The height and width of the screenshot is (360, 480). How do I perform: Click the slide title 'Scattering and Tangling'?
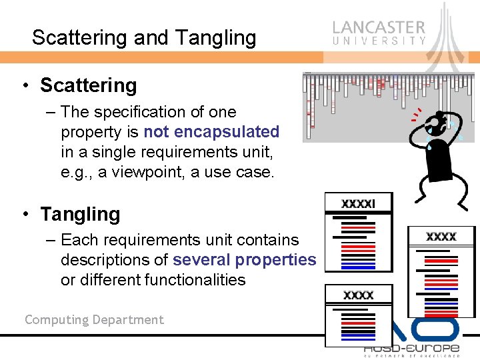click(143, 38)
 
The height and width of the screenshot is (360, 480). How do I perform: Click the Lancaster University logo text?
click(379, 32)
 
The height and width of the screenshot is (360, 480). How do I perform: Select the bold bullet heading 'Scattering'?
click(88, 85)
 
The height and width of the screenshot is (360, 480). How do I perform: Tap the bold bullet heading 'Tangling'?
click(80, 214)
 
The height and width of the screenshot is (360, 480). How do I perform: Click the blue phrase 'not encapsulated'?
click(211, 132)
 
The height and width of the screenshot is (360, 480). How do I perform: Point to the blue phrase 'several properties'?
click(244, 260)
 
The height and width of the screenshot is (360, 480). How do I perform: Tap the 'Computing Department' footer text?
click(94, 320)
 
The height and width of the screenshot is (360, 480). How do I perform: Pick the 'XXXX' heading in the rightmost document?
click(441, 237)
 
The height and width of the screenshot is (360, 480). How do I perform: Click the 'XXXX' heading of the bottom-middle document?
click(358, 295)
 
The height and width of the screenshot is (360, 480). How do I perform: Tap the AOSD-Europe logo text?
click(411, 349)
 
